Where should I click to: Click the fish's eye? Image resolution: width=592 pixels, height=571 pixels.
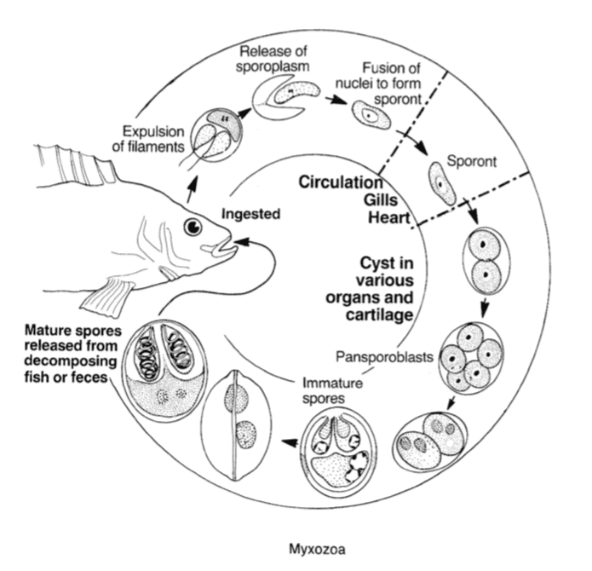(193, 228)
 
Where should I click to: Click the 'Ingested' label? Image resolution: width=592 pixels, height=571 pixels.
(251, 215)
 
